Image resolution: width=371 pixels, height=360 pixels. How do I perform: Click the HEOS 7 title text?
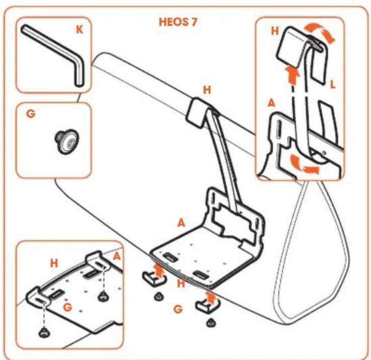tap(178, 22)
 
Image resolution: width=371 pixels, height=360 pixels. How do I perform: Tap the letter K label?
tap(80, 30)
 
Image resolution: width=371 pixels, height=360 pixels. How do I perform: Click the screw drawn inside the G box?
tap(66, 141)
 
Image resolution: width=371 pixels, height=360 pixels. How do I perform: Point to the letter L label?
tap(332, 84)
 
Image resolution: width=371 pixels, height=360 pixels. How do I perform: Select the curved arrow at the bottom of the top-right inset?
tap(304, 164)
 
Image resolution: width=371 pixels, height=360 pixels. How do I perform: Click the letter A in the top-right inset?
tap(271, 103)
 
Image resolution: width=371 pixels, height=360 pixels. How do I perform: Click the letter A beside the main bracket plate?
tap(181, 223)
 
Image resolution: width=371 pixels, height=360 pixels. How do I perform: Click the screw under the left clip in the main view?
tap(158, 296)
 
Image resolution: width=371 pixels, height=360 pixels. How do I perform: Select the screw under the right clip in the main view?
tap(210, 323)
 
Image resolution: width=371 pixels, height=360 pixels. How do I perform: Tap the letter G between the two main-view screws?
tap(178, 309)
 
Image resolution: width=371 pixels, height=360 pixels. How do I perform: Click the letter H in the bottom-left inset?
tap(54, 263)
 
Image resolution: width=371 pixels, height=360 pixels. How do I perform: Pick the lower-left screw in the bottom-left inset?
tap(44, 332)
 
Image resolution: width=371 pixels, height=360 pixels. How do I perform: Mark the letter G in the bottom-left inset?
tap(67, 307)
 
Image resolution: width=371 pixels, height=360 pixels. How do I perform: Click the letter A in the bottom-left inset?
tap(117, 256)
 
